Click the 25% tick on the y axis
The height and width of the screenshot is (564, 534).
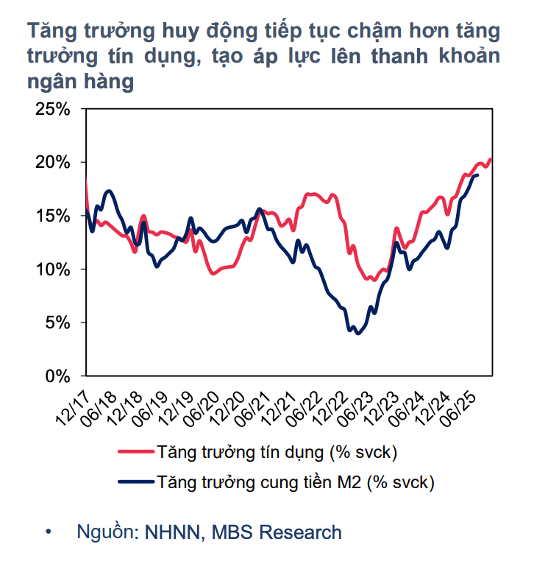52,109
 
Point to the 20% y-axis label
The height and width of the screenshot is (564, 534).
52,163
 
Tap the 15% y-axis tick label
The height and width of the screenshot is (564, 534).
52,216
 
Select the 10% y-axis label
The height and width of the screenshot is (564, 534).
52,269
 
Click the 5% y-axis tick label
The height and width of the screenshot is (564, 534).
57,323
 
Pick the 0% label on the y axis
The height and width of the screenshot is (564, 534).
57,376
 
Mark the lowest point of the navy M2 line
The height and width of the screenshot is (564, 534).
358,334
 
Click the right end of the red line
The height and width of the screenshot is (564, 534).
491,159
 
